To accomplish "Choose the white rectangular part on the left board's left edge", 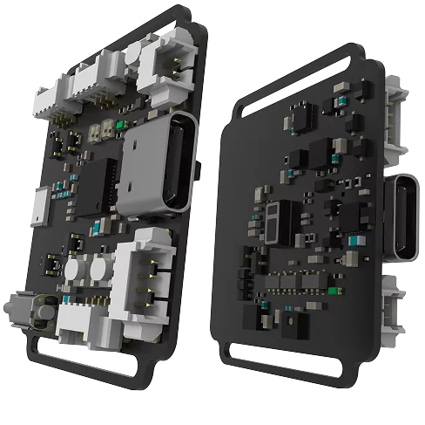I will [39, 206].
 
